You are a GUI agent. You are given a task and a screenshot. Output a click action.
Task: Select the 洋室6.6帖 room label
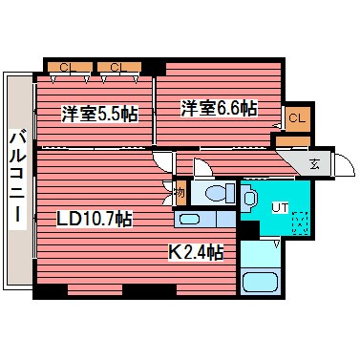(x=219, y=109)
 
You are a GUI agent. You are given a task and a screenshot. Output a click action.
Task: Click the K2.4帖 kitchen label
(x=196, y=253)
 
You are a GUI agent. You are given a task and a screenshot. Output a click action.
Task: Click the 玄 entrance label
(x=314, y=162)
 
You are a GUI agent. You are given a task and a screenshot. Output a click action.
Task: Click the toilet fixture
(x=215, y=194)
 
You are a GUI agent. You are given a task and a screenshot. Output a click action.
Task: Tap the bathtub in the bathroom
(x=261, y=283)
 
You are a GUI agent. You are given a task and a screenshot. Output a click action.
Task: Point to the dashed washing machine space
(x=299, y=222)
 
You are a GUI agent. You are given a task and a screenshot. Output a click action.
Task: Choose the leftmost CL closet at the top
(x=66, y=67)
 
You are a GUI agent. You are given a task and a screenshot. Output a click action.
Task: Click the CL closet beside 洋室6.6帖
(x=296, y=117)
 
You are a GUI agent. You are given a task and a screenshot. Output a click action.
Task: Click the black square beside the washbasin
(x=250, y=229)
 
